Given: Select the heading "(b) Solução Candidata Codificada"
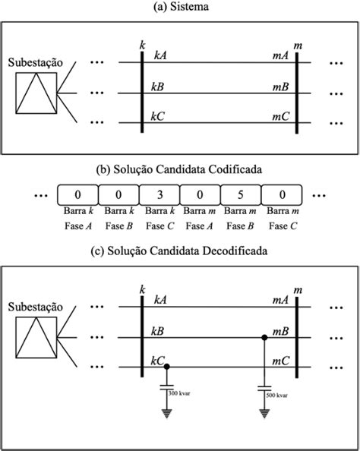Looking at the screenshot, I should pos(181,172).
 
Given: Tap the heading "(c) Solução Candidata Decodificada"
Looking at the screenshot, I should pos(181,251).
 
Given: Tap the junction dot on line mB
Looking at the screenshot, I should pos(264,336).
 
